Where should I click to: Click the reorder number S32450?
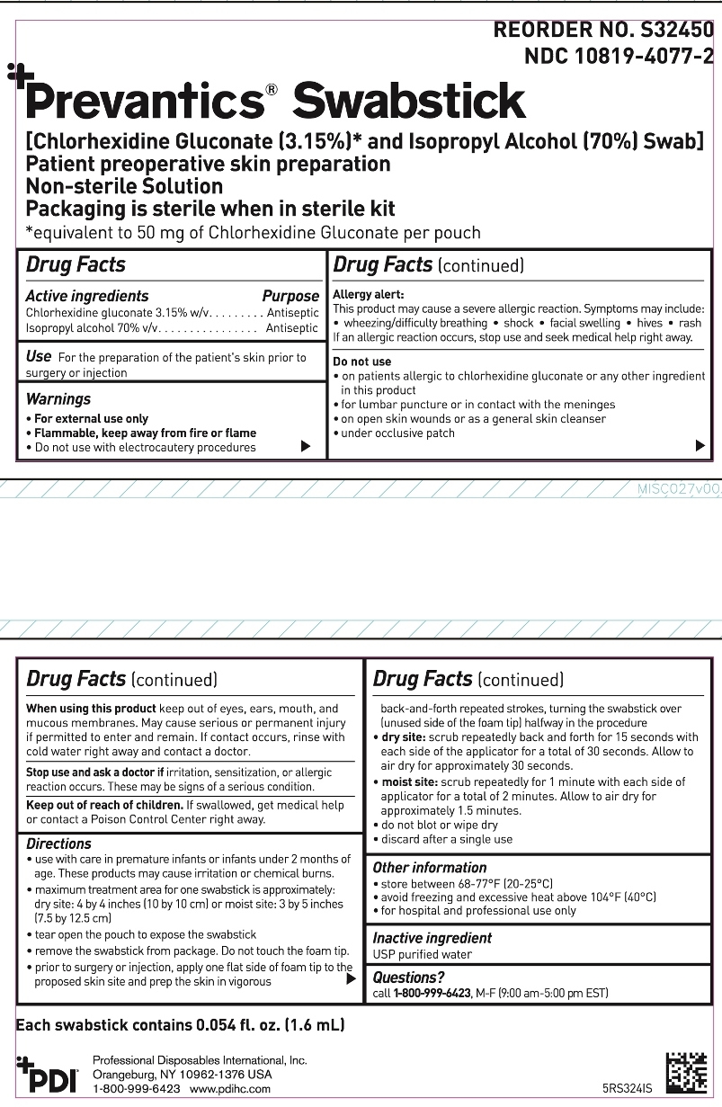(x=664, y=30)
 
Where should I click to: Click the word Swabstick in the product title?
(x=409, y=101)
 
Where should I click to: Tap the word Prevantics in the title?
(x=144, y=101)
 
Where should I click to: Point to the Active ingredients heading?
(x=87, y=296)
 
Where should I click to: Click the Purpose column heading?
(x=290, y=296)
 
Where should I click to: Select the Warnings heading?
(x=58, y=398)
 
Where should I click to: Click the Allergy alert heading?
(x=369, y=294)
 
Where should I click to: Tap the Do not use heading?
(x=362, y=362)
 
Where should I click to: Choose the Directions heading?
(x=59, y=844)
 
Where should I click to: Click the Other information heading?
(x=430, y=868)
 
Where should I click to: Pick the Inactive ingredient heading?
(x=432, y=938)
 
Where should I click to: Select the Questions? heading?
(x=409, y=978)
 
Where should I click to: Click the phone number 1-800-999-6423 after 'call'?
(x=432, y=994)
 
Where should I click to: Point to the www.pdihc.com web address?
(x=230, y=1088)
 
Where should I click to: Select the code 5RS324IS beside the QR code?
(x=627, y=1088)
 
